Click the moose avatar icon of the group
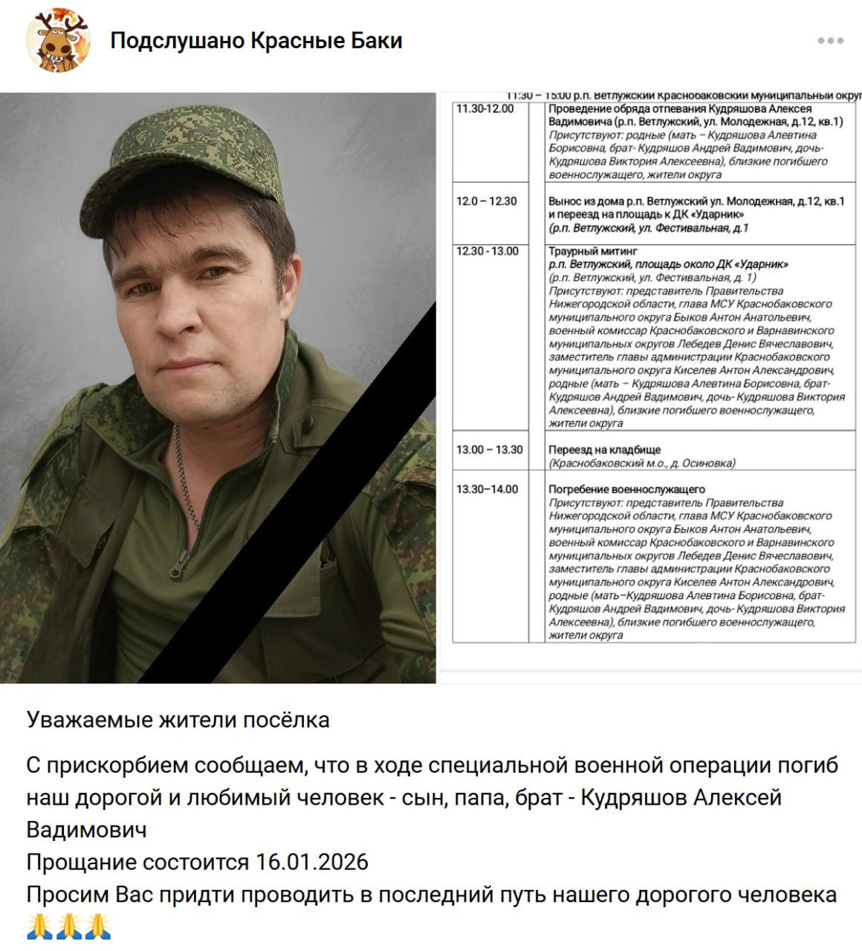pyautogui.click(x=59, y=40)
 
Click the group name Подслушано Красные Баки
pyautogui.click(x=256, y=41)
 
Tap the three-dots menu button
pyautogui.click(x=830, y=41)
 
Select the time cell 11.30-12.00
pyautogui.click(x=485, y=108)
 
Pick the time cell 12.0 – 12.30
pyautogui.click(x=487, y=201)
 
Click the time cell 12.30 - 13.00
pyautogui.click(x=487, y=251)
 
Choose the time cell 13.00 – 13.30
pyautogui.click(x=489, y=449)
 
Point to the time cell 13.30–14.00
pyautogui.click(x=487, y=489)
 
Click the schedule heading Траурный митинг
pyautogui.click(x=593, y=251)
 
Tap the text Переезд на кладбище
pyautogui.click(x=604, y=449)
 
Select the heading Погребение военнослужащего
pyautogui.click(x=626, y=489)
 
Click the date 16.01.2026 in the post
pyautogui.click(x=312, y=862)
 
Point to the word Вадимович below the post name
pyautogui.click(x=86, y=829)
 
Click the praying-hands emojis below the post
pyautogui.click(x=68, y=926)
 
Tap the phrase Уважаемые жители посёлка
pyautogui.click(x=178, y=719)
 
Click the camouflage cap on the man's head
pyautogui.click(x=189, y=160)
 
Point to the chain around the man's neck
pyautogui.click(x=184, y=475)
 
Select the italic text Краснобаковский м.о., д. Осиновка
pyautogui.click(x=642, y=463)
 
